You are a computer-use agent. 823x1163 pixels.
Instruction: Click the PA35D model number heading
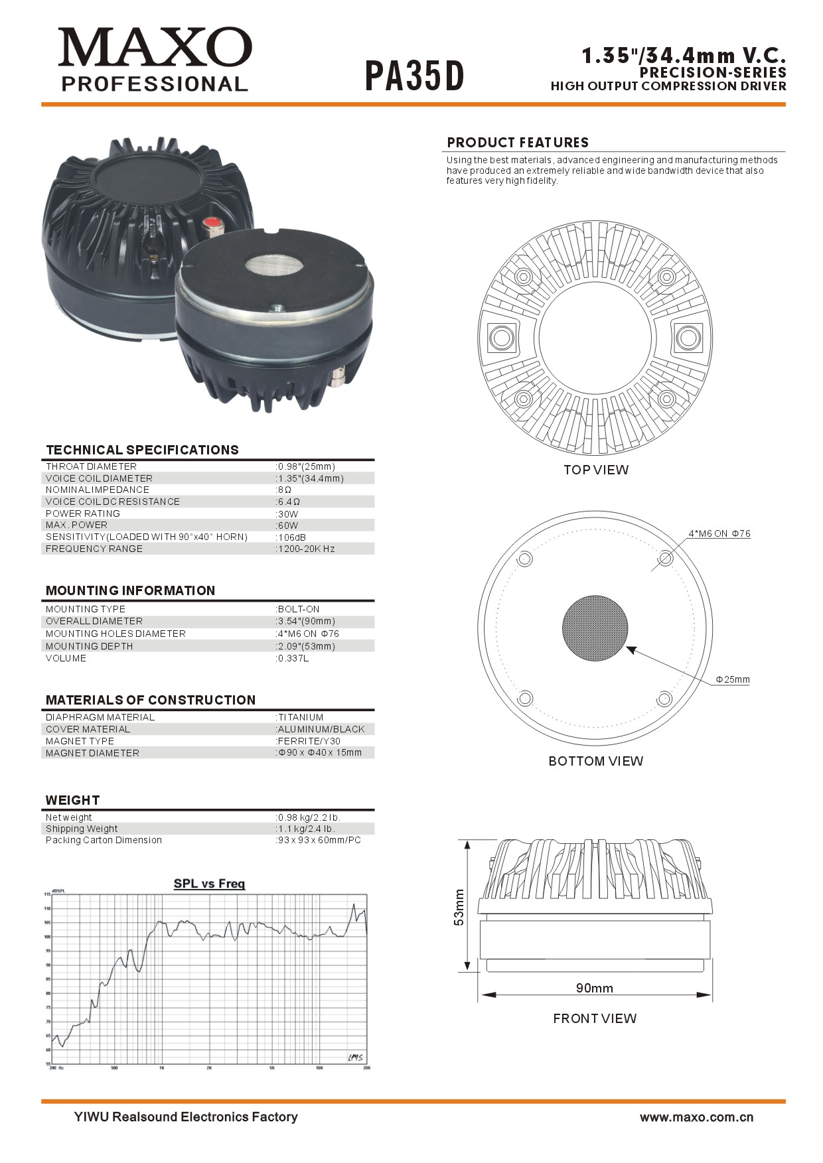tap(414, 76)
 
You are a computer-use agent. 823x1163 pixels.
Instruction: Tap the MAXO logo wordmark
tap(155, 48)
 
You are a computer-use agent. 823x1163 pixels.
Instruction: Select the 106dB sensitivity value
tap(291, 537)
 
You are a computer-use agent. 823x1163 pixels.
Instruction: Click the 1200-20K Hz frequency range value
tap(306, 549)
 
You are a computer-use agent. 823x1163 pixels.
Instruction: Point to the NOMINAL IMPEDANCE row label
tap(97, 490)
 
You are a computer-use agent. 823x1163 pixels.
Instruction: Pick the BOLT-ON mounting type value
tap(298, 609)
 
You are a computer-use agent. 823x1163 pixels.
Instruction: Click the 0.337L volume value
tap(293, 659)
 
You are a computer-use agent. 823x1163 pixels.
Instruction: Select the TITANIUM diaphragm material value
tap(300, 717)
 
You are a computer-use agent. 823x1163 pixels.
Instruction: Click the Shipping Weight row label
tap(82, 829)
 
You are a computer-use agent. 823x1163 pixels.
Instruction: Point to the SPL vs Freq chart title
tap(209, 884)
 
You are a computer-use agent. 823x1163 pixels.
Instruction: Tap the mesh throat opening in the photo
tap(273, 266)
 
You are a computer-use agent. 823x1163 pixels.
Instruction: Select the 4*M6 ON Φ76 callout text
tap(719, 533)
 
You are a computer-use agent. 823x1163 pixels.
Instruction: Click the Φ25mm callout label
tap(732, 679)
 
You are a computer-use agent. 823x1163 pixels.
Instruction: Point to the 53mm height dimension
tap(459, 908)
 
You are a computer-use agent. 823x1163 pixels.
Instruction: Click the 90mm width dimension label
tap(594, 988)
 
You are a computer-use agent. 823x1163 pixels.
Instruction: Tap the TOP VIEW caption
tap(595, 470)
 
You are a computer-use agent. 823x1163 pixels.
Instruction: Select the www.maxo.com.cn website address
tap(696, 1117)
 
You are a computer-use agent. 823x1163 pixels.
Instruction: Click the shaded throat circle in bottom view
tap(595, 628)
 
